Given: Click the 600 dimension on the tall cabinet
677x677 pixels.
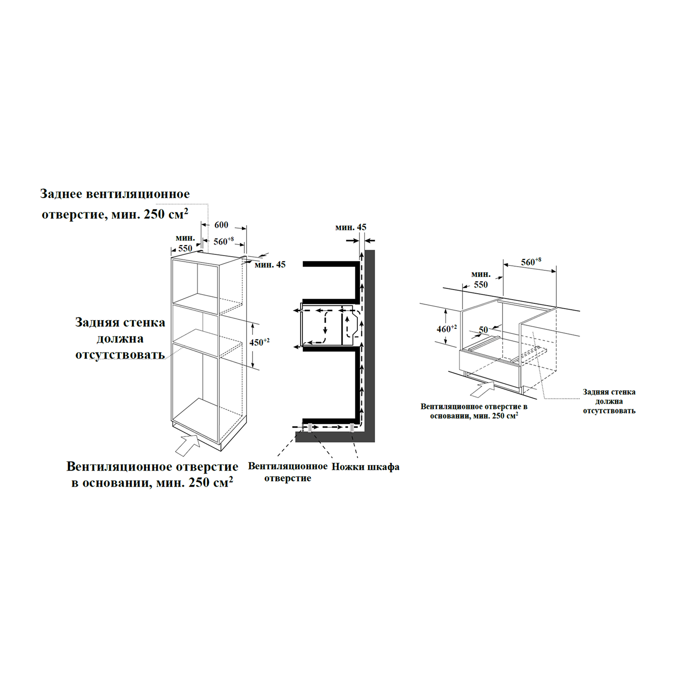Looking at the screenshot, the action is point(221,225).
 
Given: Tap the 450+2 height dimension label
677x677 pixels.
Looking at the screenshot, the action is point(259,342).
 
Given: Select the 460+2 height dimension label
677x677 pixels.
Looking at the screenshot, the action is point(446,328).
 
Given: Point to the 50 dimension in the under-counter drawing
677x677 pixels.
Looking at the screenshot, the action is point(484,330).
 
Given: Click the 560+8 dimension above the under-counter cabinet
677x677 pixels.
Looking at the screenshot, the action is point(531,262).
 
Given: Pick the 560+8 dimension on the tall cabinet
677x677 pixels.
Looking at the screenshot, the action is point(224,241).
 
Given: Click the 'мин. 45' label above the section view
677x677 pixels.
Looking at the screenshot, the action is point(351,227).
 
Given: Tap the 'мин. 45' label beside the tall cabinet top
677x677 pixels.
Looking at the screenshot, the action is point(270,265).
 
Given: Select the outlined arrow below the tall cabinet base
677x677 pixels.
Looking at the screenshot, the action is point(188,444).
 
